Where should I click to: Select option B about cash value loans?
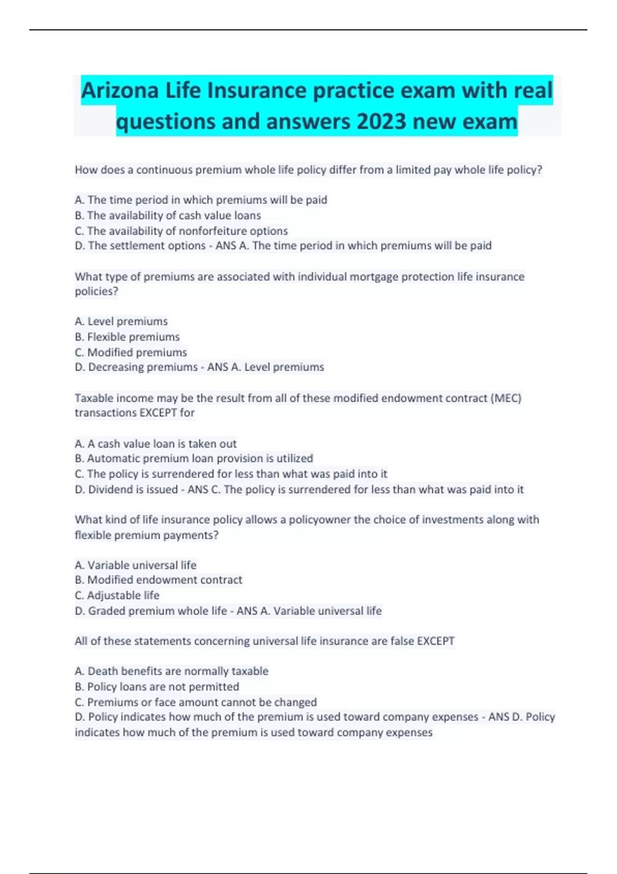[x=168, y=215]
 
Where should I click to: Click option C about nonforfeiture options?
[x=181, y=231]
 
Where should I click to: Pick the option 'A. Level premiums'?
[x=121, y=321]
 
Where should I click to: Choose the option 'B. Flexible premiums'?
[x=127, y=337]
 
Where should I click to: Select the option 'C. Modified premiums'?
[x=131, y=352]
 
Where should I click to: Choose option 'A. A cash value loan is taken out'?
[x=156, y=444]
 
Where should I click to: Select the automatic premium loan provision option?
[x=194, y=458]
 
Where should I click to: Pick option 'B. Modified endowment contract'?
[x=158, y=580]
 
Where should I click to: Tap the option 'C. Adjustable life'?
[x=117, y=595]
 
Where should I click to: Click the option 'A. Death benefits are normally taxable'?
[x=172, y=671]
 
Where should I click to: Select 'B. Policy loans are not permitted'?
[x=157, y=686]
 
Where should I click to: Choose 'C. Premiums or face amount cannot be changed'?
[x=196, y=702]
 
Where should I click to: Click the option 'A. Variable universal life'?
[x=136, y=565]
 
